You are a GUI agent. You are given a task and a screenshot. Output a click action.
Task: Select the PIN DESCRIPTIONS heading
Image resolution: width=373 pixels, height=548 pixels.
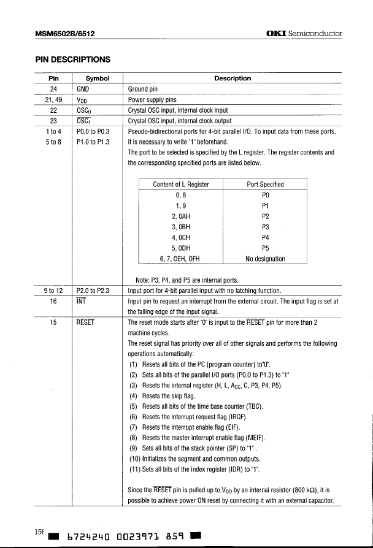coord(72,59)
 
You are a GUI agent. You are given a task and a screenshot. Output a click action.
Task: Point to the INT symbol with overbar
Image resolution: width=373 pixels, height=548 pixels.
coord(82,301)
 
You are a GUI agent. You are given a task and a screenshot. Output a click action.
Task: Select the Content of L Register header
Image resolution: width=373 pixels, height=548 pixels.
coord(181,184)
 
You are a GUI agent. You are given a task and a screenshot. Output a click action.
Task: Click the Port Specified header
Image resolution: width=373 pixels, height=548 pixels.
coord(265,184)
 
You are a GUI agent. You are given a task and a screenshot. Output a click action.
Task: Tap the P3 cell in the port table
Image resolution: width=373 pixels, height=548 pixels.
coord(265,226)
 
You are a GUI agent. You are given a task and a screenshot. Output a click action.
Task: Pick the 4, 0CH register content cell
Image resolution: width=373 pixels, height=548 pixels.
coord(181,237)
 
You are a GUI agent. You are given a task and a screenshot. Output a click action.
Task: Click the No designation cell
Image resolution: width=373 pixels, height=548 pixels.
coord(265,259)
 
